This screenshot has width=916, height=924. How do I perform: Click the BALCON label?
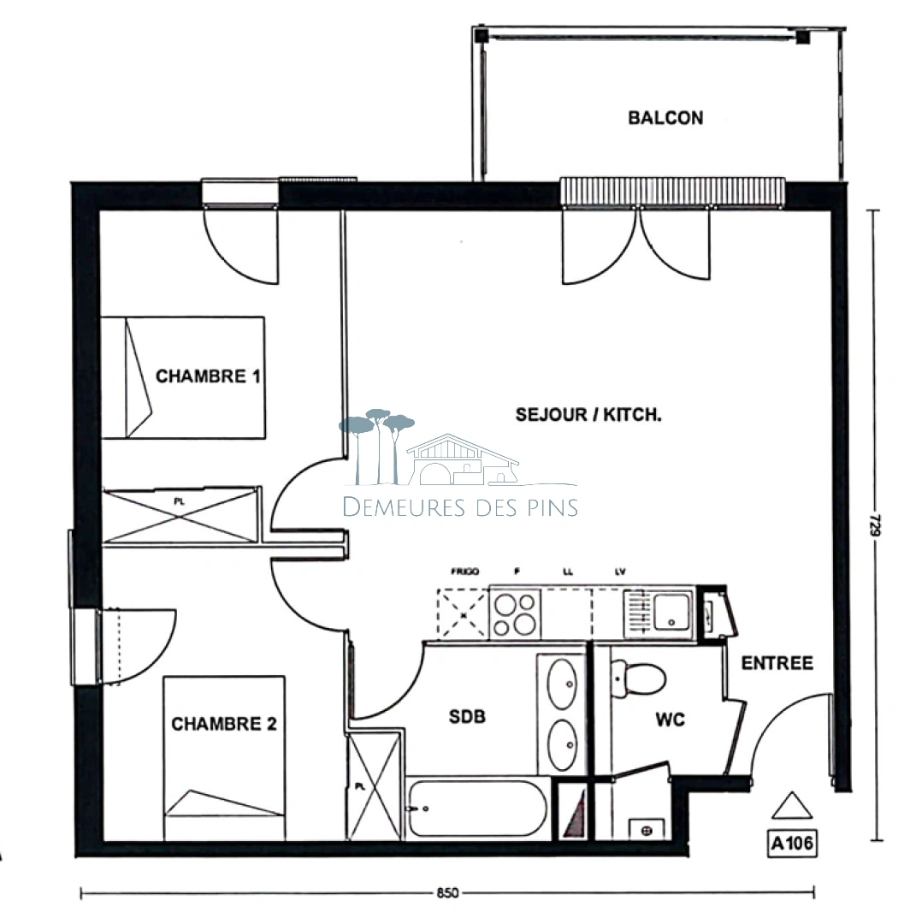[665, 118]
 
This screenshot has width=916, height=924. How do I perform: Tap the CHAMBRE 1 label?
[208, 376]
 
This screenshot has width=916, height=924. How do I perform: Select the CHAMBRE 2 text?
[224, 725]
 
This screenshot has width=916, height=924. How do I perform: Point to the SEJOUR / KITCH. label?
[588, 415]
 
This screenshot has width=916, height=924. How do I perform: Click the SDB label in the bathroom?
[467, 717]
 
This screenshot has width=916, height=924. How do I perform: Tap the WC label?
[670, 720]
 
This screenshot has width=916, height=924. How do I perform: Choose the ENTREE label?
[777, 663]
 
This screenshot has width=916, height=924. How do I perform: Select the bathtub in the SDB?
[476, 808]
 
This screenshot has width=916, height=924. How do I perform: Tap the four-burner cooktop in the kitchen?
[516, 614]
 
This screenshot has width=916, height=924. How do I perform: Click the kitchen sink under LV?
[671, 612]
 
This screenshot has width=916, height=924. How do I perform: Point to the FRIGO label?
[464, 571]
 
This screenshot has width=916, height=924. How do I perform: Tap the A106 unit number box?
[791, 844]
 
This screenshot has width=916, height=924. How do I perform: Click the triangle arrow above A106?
[790, 808]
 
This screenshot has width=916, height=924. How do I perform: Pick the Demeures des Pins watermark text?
[460, 506]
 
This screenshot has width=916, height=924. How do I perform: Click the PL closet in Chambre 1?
[180, 515]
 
